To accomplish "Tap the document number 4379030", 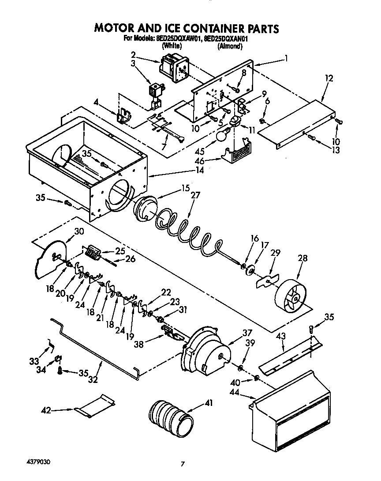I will point(38,462).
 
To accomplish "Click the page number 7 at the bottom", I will point(182,464).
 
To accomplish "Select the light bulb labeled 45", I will point(222,135).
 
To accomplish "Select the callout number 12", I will point(329,78).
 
